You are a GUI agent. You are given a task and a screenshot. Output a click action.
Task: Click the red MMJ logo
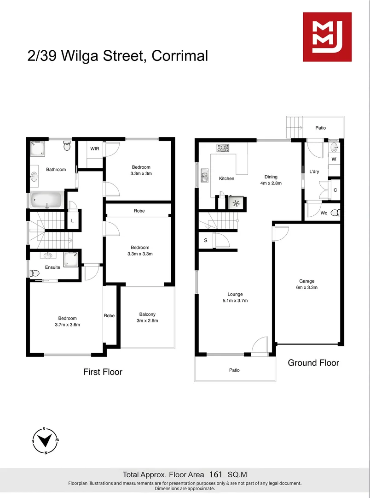327,37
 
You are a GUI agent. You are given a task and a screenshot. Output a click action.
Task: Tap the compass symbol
45,440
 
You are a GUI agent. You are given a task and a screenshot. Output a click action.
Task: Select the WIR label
95,149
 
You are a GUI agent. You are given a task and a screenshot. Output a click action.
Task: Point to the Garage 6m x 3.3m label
306,284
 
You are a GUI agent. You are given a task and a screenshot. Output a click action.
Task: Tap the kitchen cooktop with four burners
223,148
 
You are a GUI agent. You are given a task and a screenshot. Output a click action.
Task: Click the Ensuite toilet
35,273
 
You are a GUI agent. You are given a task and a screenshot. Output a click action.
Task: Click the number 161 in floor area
216,474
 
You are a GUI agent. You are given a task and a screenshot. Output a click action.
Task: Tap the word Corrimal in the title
180,56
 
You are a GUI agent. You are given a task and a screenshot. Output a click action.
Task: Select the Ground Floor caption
313,363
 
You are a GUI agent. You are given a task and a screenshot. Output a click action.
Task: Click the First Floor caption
103,372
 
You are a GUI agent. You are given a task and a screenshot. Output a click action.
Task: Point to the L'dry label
314,172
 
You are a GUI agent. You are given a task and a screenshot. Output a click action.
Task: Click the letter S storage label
205,240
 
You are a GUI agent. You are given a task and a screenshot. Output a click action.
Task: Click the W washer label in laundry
334,159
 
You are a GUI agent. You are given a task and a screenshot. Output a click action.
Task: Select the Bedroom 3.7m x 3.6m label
67,321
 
